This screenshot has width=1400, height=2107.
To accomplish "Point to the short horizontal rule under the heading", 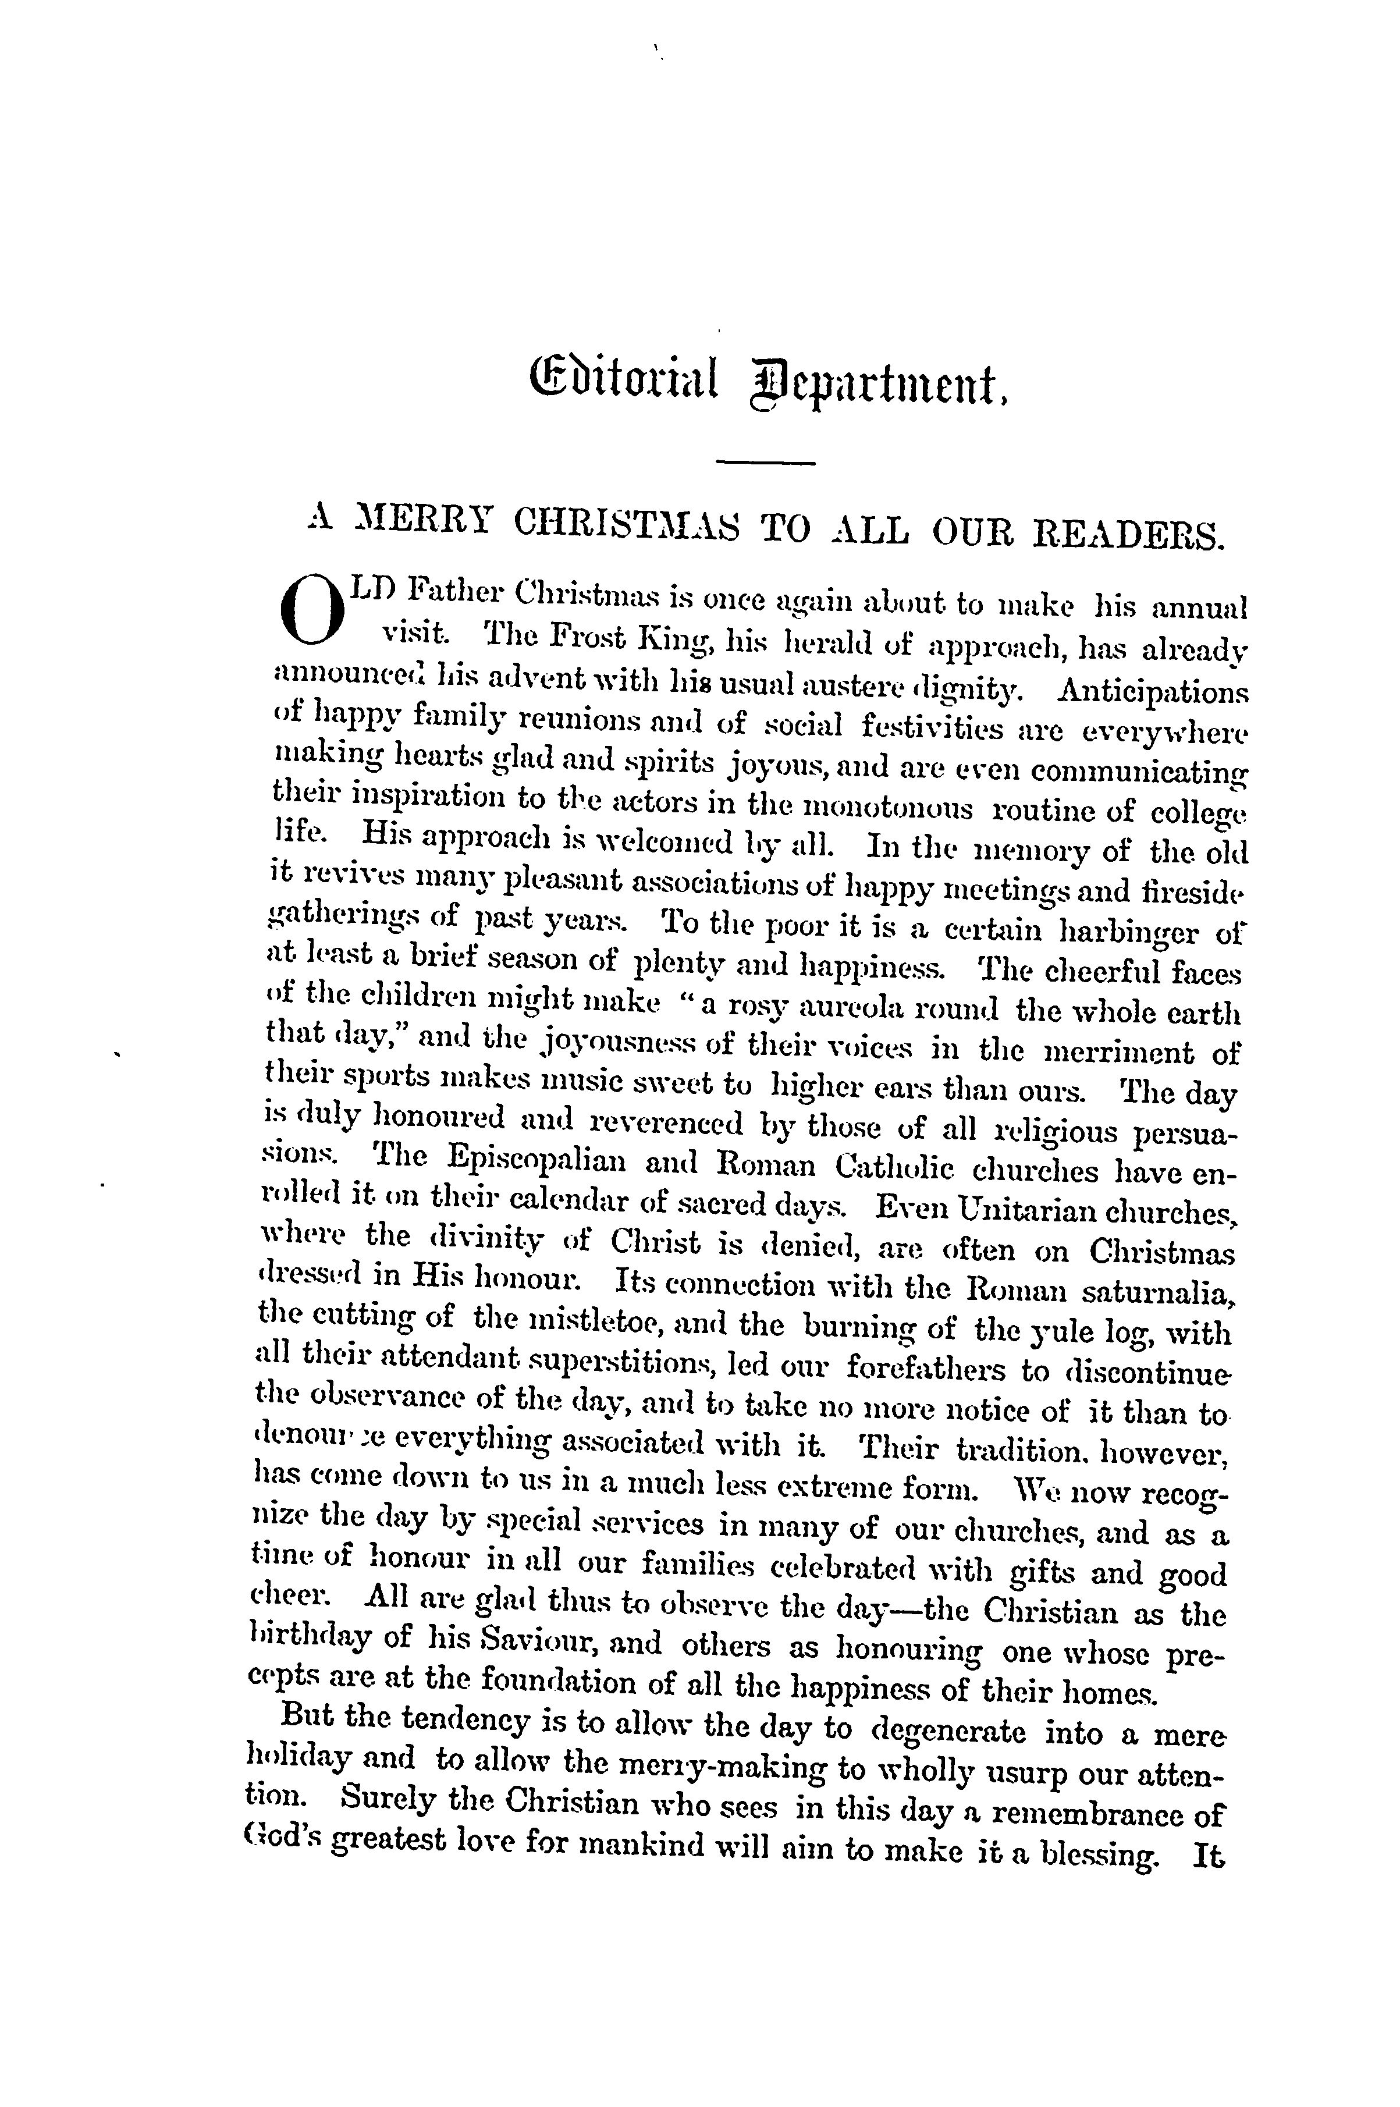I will click(x=766, y=461).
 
